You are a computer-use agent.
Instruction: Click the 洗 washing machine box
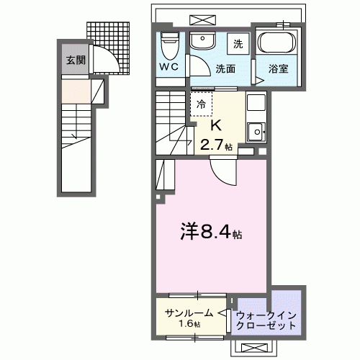click(238, 43)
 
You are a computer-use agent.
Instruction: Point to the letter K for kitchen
click(215, 125)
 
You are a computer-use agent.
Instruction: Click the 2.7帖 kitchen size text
click(216, 144)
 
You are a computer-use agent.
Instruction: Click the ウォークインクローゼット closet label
click(266, 319)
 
